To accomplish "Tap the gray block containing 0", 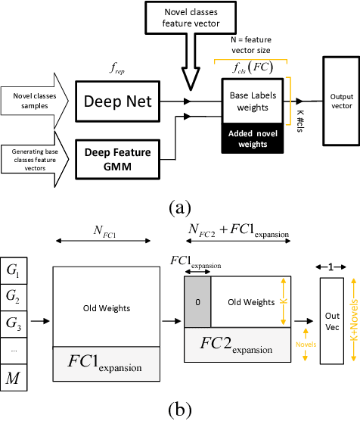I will coord(197,301).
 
